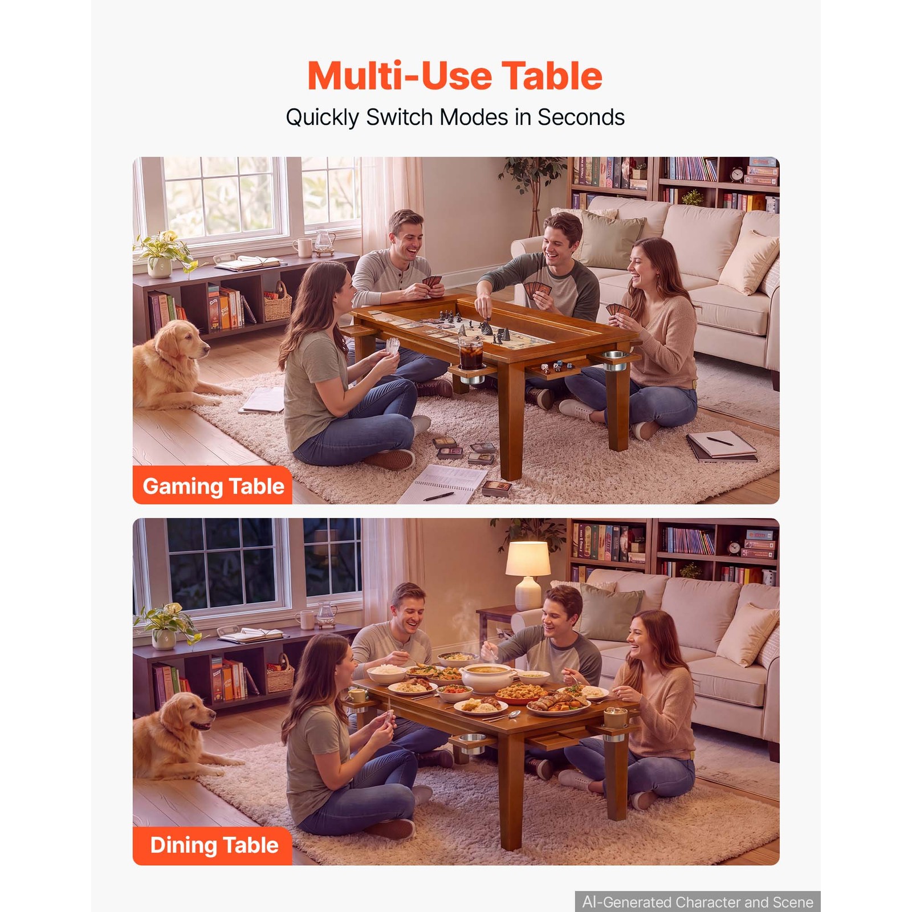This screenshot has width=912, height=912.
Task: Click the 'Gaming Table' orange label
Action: (213, 486)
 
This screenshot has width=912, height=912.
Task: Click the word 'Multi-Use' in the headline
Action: (400, 76)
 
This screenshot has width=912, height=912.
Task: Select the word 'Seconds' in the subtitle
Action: (581, 117)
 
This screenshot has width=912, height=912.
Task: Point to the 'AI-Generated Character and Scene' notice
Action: (698, 902)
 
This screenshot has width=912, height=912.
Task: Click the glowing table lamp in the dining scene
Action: (528, 574)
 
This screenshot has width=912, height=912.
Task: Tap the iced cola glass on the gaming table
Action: (471, 353)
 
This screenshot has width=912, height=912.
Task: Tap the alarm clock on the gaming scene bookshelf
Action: (737, 174)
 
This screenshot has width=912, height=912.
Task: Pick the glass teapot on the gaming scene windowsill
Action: (325, 242)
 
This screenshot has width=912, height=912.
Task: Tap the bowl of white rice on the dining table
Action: (387, 673)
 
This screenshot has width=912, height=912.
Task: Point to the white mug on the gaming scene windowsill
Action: (303, 247)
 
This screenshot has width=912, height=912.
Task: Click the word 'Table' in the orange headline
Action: (552, 76)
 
